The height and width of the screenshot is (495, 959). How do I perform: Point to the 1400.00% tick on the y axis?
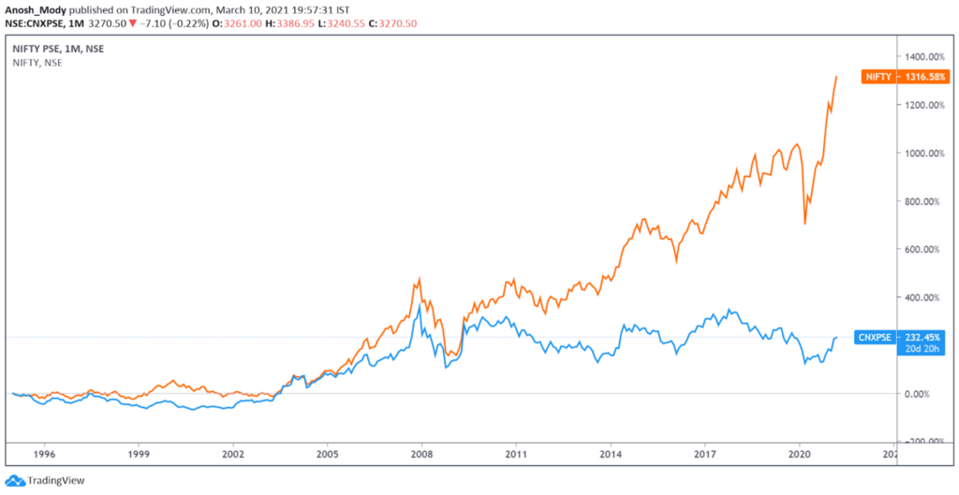click(922, 56)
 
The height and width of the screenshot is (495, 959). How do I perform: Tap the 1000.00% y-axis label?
click(922, 153)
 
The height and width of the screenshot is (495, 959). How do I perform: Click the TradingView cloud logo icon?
click(13, 479)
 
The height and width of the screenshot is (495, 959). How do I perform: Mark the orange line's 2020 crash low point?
click(805, 224)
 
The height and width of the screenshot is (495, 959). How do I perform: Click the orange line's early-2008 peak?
click(420, 278)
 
